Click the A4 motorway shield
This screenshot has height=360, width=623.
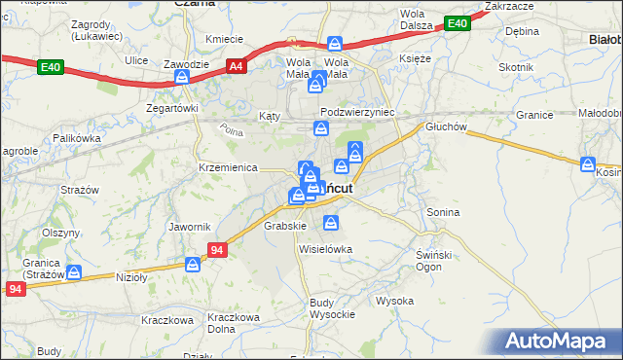[x=236, y=66]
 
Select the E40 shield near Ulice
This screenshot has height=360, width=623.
[x=51, y=67]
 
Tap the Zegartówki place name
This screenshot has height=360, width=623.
[x=172, y=108]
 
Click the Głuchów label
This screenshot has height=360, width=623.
[x=448, y=126]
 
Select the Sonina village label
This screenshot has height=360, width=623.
[x=443, y=211]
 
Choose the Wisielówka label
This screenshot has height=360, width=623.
[x=325, y=248]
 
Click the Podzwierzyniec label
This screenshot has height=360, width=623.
[x=356, y=112]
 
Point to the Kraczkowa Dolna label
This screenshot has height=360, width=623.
[x=236, y=323]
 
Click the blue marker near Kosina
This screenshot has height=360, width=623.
[x=587, y=164]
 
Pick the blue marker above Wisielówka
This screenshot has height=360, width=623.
[x=331, y=224]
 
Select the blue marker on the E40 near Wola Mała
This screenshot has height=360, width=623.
[x=335, y=44]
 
